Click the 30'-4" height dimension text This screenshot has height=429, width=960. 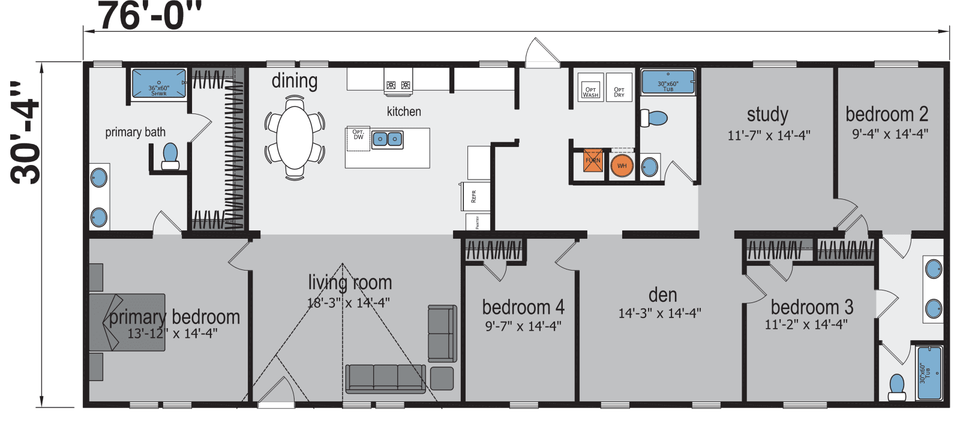(26, 133)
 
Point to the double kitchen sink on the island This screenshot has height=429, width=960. (388, 140)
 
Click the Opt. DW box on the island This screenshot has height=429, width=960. (358, 137)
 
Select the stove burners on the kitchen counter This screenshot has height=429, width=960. (399, 86)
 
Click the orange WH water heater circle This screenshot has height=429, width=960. (622, 166)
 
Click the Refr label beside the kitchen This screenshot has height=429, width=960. (474, 196)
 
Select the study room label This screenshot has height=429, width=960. (767, 114)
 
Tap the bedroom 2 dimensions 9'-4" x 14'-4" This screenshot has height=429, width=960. (890, 134)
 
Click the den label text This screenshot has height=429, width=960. (662, 295)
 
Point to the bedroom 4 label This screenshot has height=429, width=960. (523, 307)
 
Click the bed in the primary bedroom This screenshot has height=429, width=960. (127, 321)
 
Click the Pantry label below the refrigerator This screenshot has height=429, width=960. (478, 223)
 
